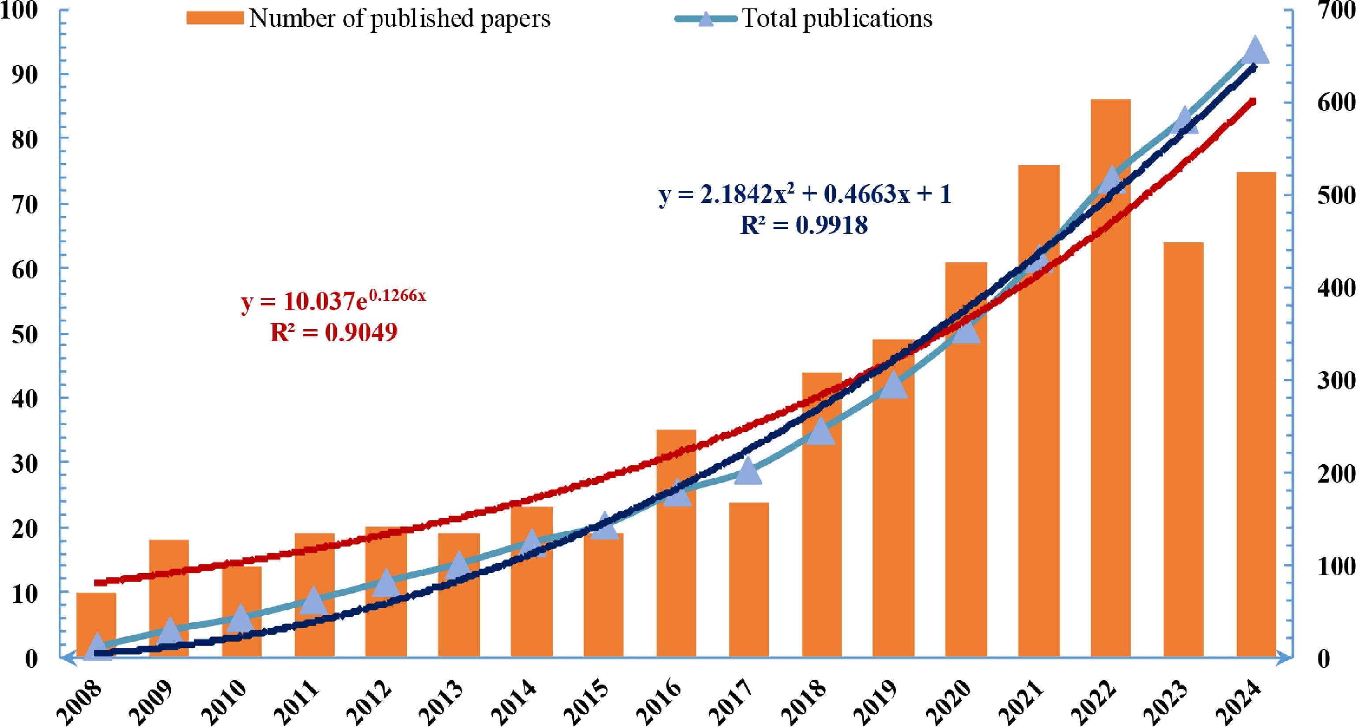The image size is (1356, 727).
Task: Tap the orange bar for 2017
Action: click(x=748, y=579)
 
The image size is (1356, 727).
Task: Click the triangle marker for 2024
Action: click(x=1255, y=50)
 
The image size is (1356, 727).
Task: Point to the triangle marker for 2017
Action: click(x=748, y=470)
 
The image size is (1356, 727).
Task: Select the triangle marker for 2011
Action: click(x=314, y=601)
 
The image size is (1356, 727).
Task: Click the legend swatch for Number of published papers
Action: click(x=215, y=18)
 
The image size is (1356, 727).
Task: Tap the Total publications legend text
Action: click(x=837, y=19)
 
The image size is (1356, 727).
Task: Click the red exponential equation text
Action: click(x=333, y=300)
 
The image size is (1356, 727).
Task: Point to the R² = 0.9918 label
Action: click(x=804, y=225)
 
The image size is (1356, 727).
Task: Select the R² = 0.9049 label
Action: click(x=334, y=332)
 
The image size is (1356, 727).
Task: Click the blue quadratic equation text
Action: click(x=805, y=194)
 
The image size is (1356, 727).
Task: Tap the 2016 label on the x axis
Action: click(x=659, y=703)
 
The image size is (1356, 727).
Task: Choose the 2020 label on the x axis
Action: click(x=949, y=703)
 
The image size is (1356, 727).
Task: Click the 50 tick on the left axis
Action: click(x=24, y=334)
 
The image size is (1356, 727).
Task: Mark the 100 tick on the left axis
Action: click(x=19, y=9)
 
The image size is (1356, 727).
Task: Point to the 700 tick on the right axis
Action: click(x=1336, y=9)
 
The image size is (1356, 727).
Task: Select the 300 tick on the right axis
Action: click(x=1336, y=381)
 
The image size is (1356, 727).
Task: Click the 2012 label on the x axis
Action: click(x=370, y=703)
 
